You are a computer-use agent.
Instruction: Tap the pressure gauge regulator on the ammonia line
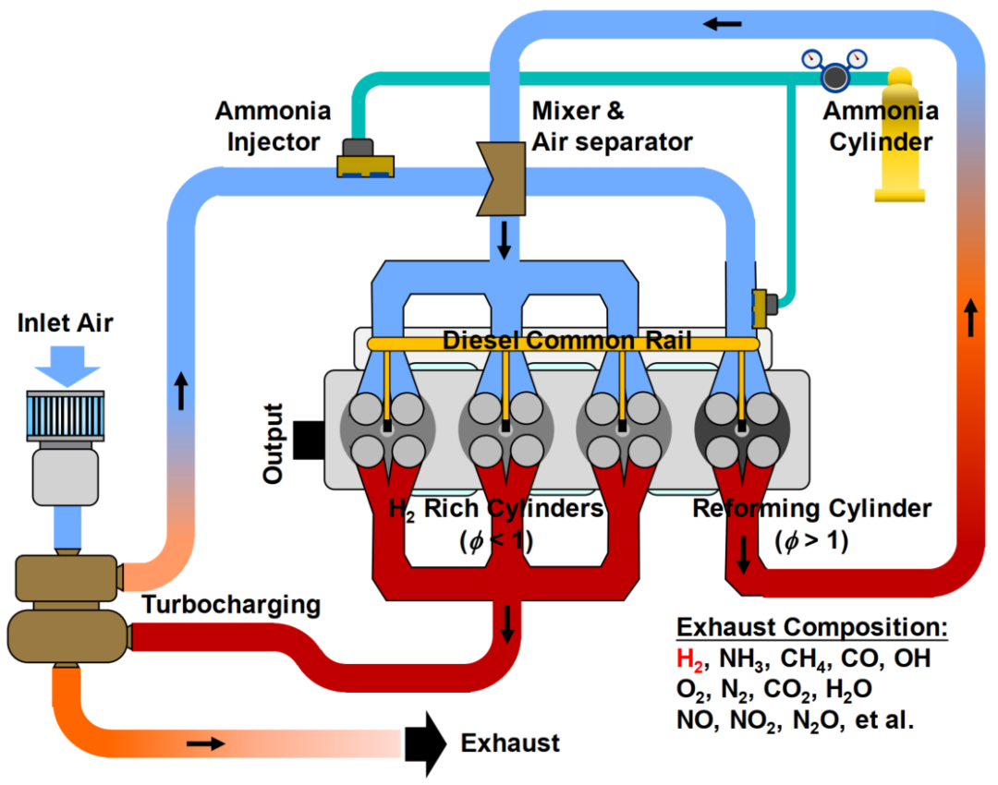(x=836, y=74)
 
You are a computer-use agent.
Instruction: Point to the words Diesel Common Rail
(x=566, y=341)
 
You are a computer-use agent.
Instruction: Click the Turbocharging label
(x=231, y=605)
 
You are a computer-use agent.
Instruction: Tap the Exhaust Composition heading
(x=812, y=628)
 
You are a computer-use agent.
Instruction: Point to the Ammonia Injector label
(x=273, y=127)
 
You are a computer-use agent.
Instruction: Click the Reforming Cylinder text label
(x=812, y=509)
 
